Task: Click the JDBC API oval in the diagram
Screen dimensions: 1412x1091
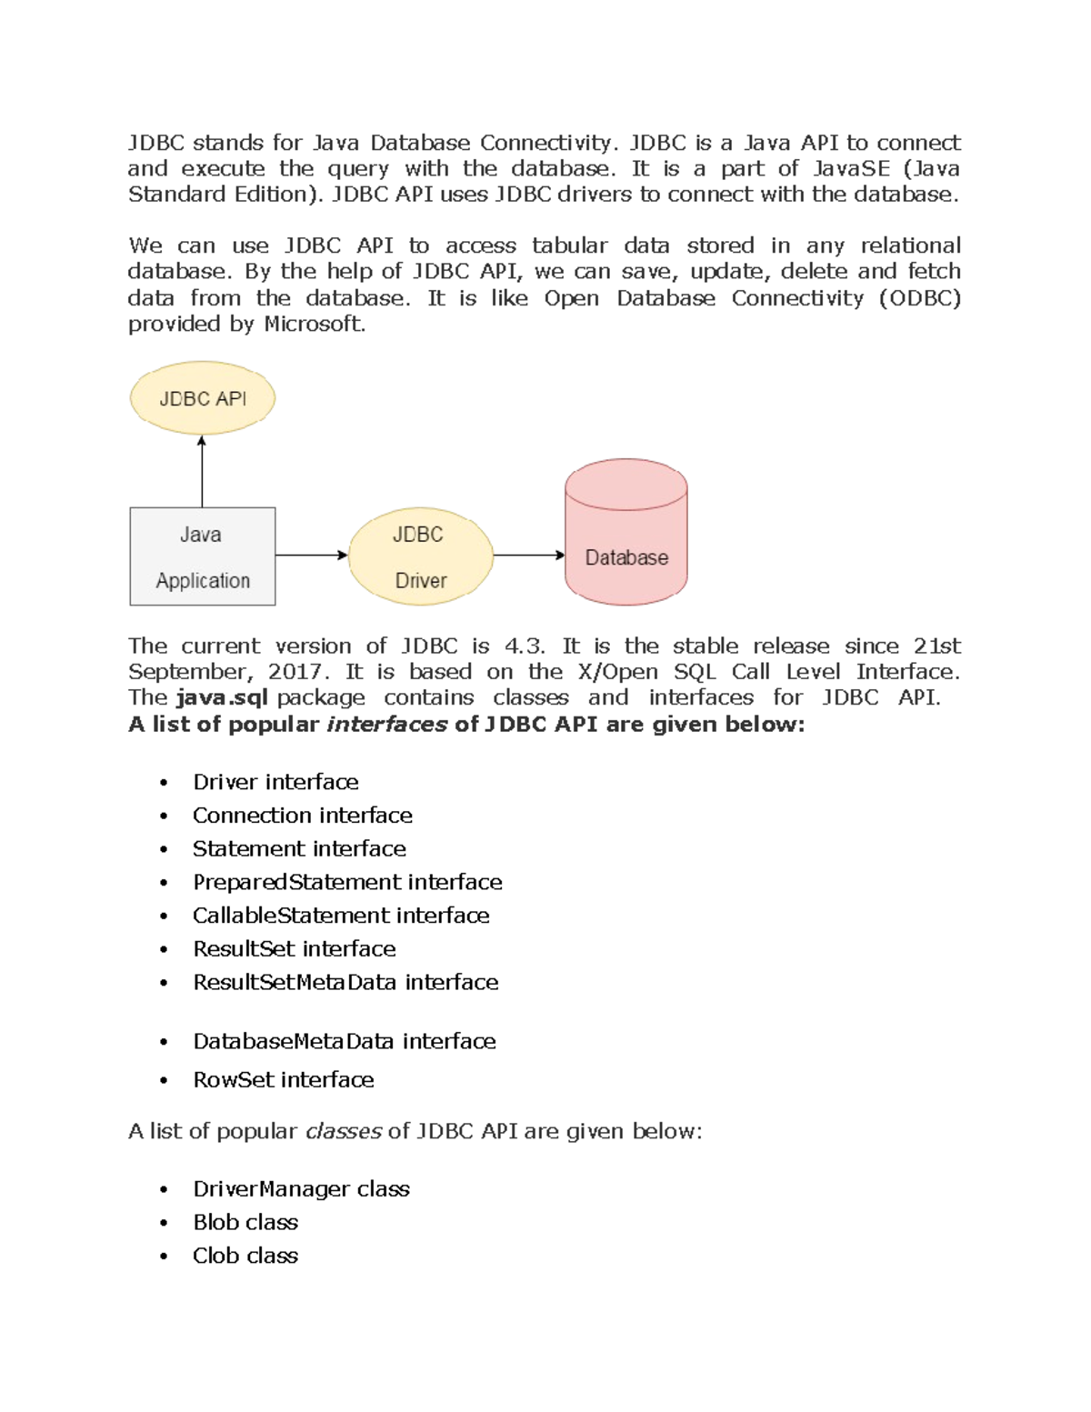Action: coord(202,398)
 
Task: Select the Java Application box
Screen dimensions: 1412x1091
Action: coord(202,556)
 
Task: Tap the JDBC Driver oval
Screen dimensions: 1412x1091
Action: coord(420,556)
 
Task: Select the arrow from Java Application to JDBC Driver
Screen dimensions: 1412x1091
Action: coord(311,555)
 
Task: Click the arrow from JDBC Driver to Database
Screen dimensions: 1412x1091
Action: coord(528,555)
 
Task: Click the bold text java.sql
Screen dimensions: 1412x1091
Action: coord(222,697)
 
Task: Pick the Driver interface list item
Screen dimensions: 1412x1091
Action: coord(275,782)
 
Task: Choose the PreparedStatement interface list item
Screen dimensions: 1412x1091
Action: coord(347,882)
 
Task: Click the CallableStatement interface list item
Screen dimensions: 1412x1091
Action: coord(341,916)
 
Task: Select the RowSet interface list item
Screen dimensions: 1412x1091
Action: coord(284,1080)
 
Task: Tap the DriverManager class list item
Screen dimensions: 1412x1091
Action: coord(301,1189)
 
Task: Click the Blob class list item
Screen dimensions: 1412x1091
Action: coord(245,1222)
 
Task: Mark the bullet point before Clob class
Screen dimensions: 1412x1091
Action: coord(164,1257)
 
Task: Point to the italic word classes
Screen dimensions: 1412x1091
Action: coord(343,1131)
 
